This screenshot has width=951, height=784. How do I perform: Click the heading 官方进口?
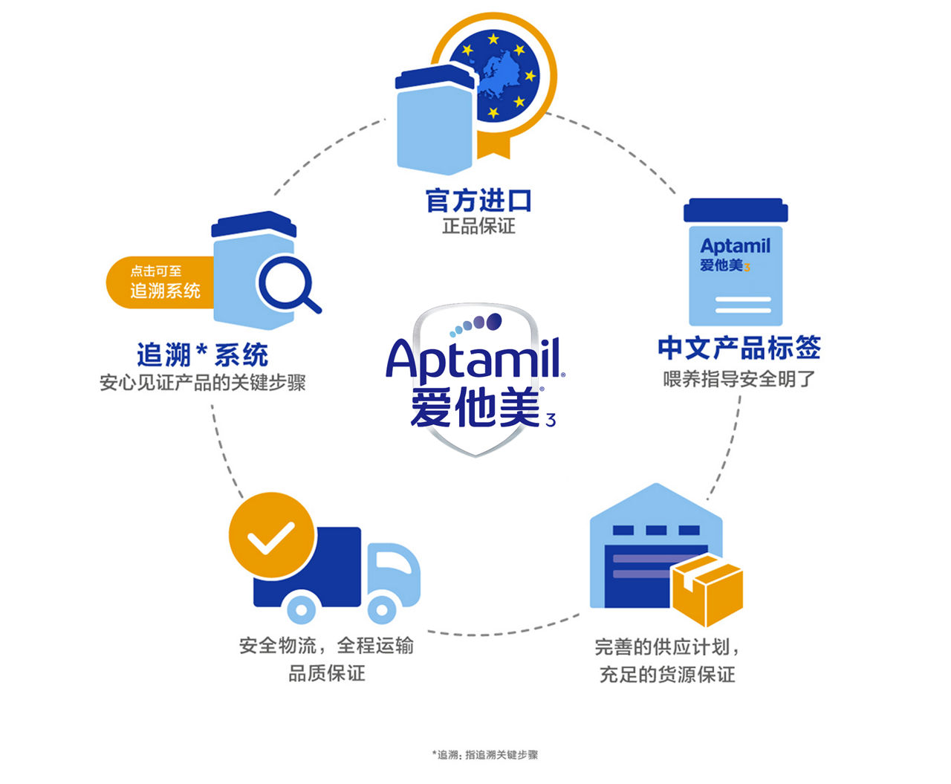tap(478, 201)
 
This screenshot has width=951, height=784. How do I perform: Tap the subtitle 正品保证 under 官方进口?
tap(478, 226)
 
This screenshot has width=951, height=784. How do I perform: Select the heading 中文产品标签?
tap(739, 348)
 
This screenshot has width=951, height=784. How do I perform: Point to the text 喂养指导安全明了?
tap(739, 379)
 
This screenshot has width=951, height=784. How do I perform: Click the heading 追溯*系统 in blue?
tap(202, 354)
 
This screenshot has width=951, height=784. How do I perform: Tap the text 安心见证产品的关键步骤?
tap(202, 383)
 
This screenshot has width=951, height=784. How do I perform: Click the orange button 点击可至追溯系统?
tap(160, 282)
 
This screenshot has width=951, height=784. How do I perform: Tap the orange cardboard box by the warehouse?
tap(707, 590)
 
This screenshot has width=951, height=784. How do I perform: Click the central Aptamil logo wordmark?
tap(474, 360)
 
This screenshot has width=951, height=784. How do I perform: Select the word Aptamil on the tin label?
tap(735, 246)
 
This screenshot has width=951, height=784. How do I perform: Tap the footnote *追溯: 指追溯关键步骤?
tap(484, 755)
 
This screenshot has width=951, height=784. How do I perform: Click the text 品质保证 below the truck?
tap(327, 673)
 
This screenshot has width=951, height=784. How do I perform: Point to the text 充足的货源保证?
tap(666, 675)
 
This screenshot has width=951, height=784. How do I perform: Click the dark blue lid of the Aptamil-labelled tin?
tap(735, 211)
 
